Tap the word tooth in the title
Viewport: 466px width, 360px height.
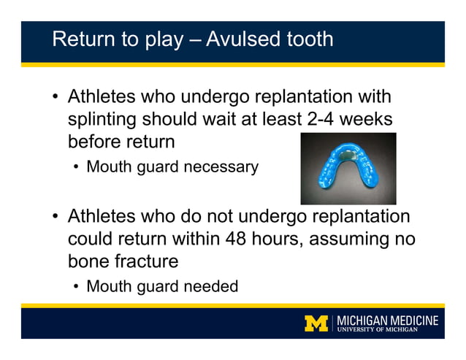(x=309, y=39)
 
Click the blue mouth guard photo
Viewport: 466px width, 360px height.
(x=348, y=169)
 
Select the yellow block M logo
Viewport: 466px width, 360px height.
(x=316, y=323)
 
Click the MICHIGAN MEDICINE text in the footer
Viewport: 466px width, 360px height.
(x=388, y=320)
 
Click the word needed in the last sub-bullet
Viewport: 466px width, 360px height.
(x=211, y=286)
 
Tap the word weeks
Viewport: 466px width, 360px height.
(x=369, y=118)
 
